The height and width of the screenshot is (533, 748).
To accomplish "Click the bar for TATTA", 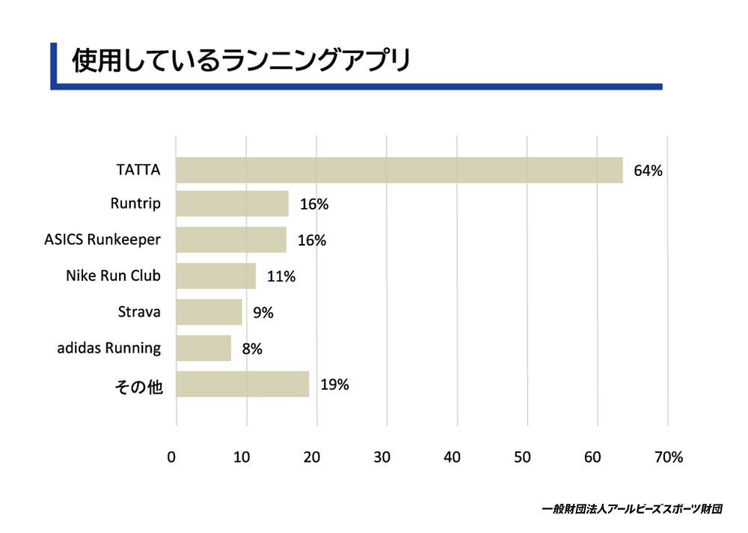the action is tap(399, 170).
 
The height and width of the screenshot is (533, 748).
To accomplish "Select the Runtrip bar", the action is tap(233, 204).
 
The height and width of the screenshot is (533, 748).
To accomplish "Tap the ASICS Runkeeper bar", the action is tap(231, 240).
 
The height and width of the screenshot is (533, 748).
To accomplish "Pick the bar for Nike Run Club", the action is tap(215, 276).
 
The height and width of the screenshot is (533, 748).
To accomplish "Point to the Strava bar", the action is tap(209, 312).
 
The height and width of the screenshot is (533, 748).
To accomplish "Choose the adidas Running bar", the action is tap(203, 348).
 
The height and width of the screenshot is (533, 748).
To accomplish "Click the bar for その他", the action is tap(242, 384).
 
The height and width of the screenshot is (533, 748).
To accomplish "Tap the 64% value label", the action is tap(648, 171).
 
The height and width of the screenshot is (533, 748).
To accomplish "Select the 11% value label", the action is tap(281, 276).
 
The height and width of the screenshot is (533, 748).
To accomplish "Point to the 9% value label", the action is tap(263, 313).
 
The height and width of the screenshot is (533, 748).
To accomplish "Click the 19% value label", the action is tap(334, 385).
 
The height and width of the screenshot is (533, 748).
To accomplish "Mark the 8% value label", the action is tap(252, 349).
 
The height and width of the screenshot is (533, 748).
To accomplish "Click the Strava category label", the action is tap(139, 312).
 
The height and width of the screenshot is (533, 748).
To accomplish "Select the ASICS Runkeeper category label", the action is tap(102, 240).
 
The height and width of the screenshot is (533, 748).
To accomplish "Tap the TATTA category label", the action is tap(138, 170).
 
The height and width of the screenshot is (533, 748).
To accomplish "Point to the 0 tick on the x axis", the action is tap(171, 457).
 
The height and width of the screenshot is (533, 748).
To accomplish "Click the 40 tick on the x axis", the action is tap(452, 457).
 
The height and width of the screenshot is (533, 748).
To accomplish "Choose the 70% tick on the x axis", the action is tap(668, 457).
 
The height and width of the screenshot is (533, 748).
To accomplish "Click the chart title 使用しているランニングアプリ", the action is tap(241, 60).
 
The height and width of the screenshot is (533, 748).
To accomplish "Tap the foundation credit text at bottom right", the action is tap(632, 509).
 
